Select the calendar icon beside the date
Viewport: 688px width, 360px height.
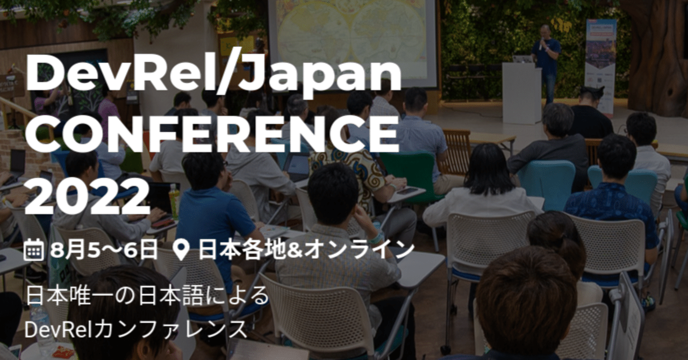pyautogui.click(x=34, y=249)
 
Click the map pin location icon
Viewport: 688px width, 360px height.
pyautogui.click(x=183, y=250)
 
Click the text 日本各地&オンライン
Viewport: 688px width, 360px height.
pyautogui.click(x=306, y=249)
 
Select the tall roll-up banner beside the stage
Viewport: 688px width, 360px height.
pyautogui.click(x=600, y=64)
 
